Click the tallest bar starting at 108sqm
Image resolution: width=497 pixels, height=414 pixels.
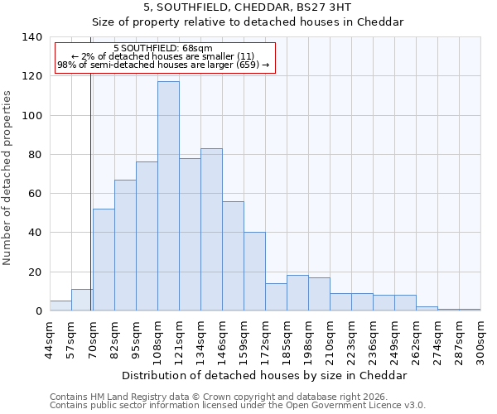[168, 196]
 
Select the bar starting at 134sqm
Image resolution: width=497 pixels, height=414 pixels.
[211, 229]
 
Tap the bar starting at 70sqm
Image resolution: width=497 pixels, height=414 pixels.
[104, 260]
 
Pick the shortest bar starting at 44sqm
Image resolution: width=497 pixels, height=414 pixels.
[60, 306]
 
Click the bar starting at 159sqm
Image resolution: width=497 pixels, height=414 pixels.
[254, 272]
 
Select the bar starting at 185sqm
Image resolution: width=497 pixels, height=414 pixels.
[297, 293]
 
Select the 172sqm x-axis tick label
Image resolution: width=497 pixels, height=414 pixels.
[265, 339]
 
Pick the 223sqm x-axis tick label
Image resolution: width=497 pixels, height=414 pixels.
[351, 339]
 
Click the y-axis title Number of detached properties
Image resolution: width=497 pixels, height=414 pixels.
[7, 177]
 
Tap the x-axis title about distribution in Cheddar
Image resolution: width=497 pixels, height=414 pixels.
[264, 375]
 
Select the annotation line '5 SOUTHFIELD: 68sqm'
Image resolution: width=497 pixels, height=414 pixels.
[163, 49]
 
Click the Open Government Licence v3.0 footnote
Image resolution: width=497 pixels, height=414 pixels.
[237, 406]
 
